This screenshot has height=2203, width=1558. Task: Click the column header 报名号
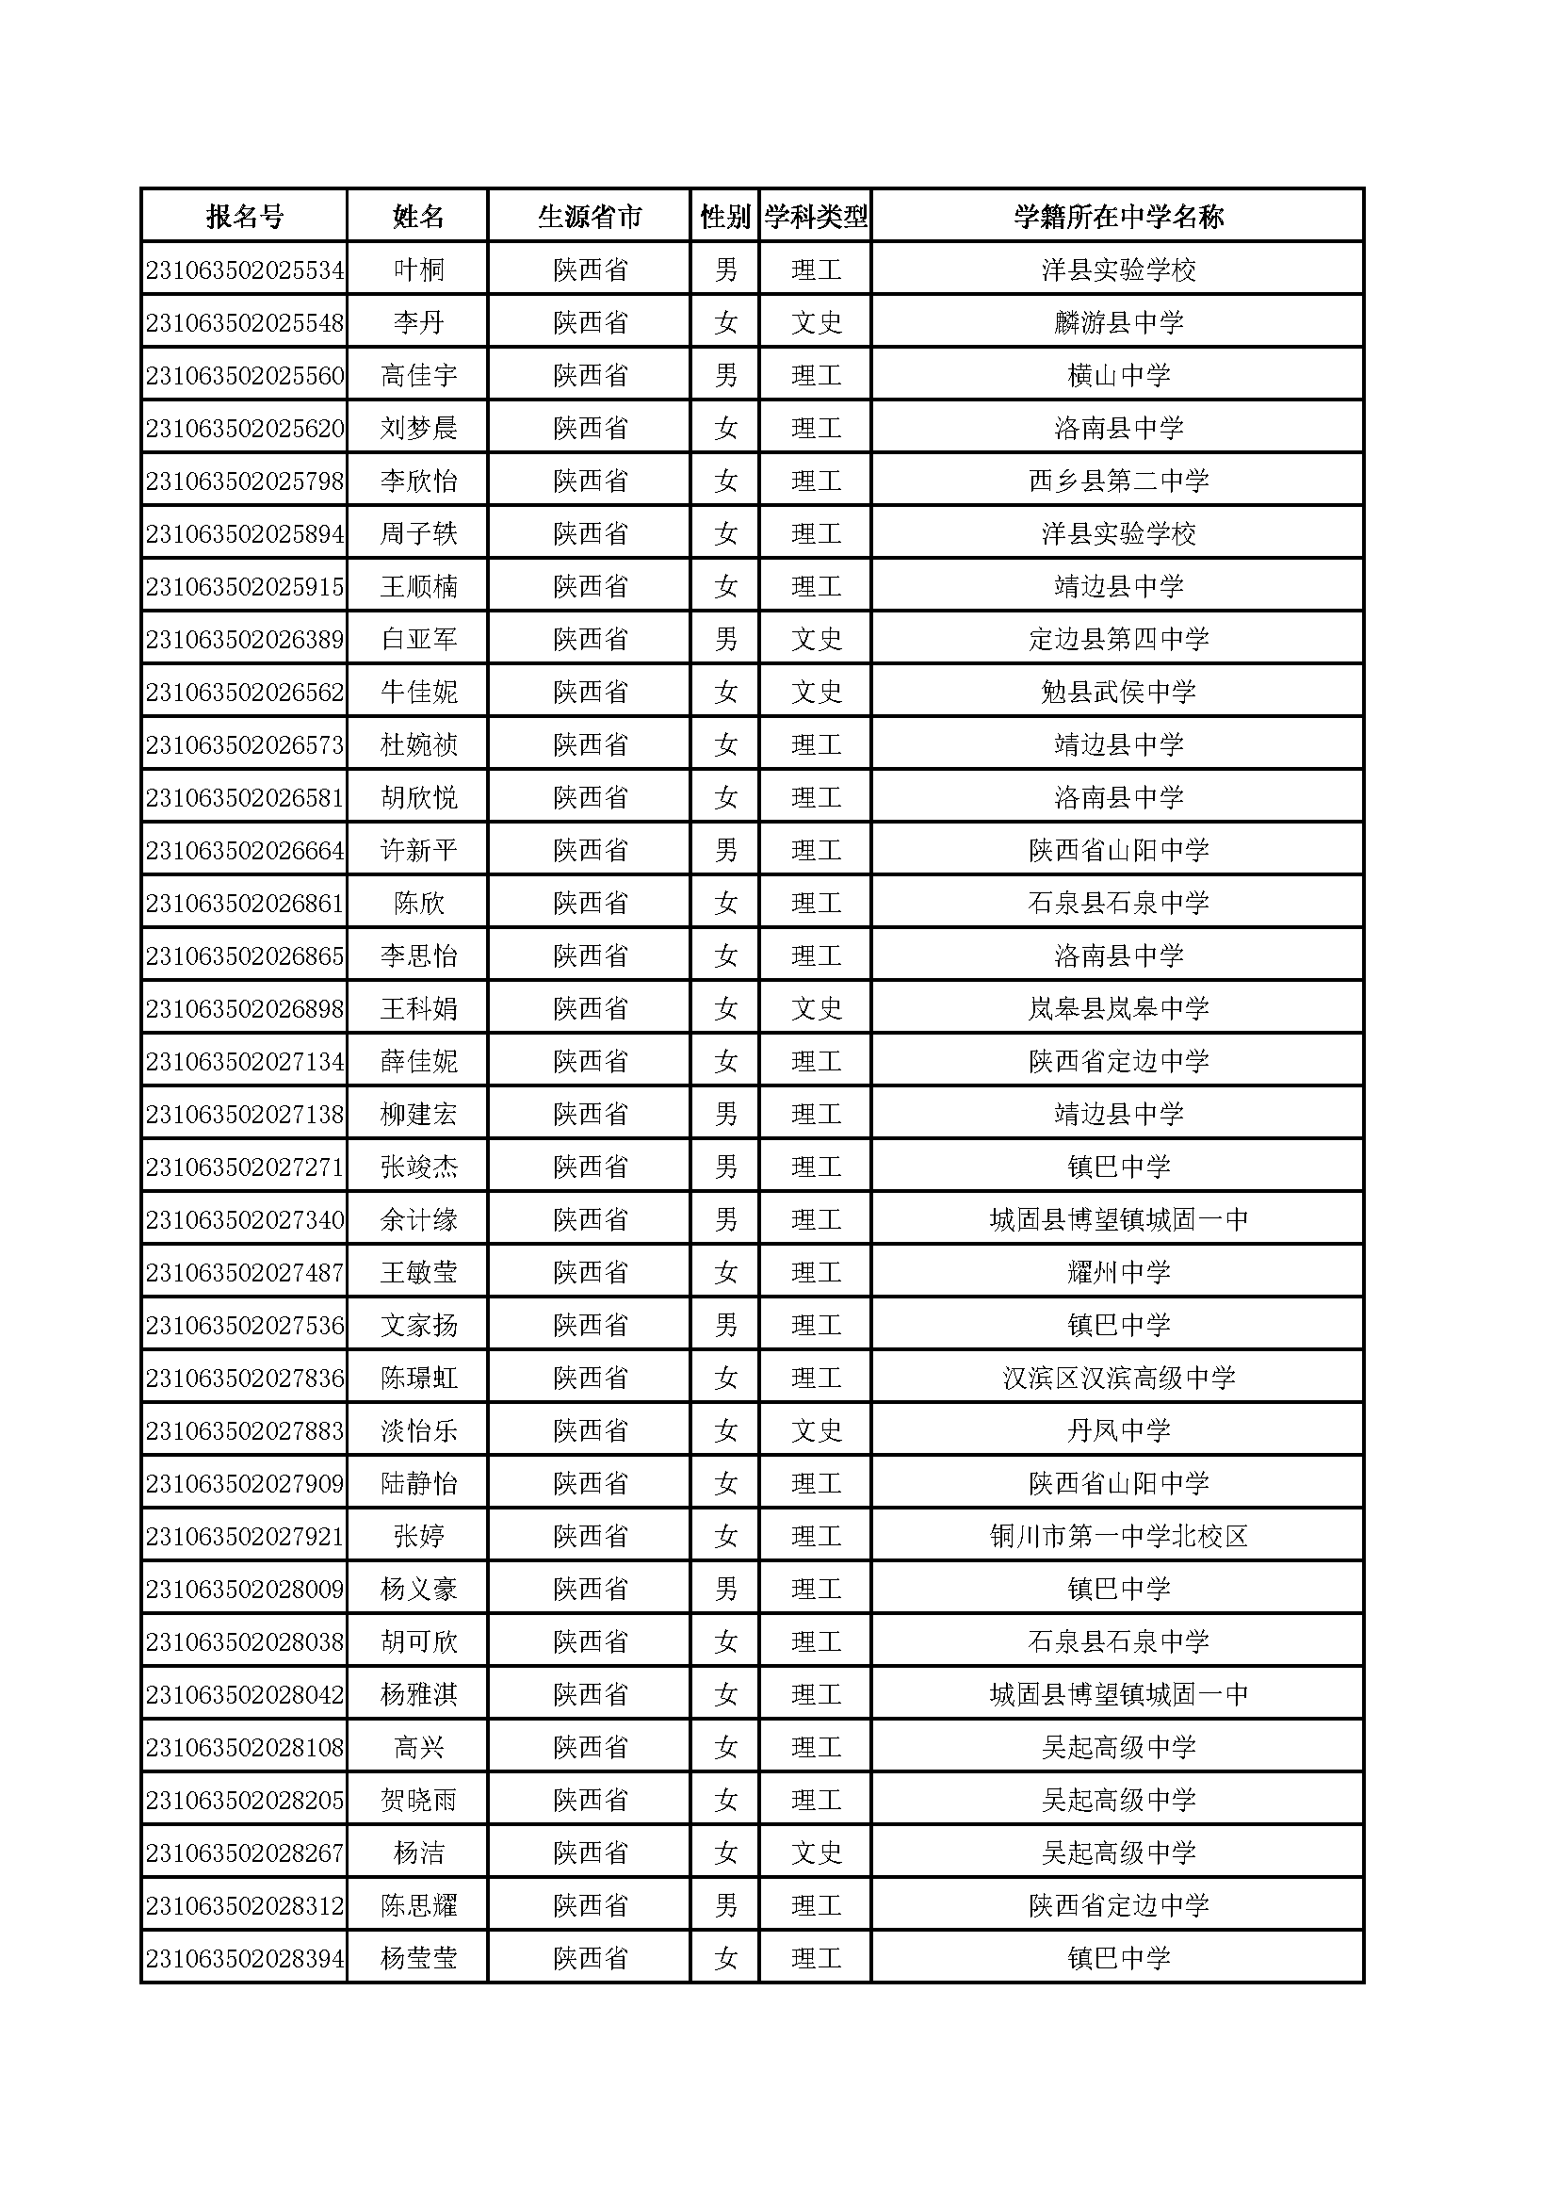tap(245, 217)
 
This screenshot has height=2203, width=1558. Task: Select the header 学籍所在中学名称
tap(1118, 217)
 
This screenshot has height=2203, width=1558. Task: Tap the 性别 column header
tap(724, 217)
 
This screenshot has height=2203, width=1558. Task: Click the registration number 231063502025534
tap(245, 270)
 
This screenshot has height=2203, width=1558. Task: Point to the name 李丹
tap(418, 323)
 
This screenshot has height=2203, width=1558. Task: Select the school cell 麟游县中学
tap(1118, 323)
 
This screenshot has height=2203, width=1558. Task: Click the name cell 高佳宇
tap(418, 376)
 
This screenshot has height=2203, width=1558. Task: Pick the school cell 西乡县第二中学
tap(1118, 481)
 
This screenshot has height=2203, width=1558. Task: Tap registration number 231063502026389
tap(245, 640)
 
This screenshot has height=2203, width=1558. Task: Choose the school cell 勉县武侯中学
tap(1118, 693)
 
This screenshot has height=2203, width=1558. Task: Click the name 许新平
tap(418, 851)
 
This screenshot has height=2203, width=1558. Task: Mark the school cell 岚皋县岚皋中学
tap(1118, 1009)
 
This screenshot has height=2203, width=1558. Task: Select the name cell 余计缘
tap(418, 1220)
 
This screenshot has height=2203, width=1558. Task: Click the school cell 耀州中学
tap(1118, 1273)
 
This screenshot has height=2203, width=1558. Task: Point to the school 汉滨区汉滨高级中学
tap(1118, 1379)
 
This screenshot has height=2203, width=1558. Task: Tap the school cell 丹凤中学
tap(1118, 1431)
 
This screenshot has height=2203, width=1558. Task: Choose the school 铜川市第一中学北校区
tap(1118, 1537)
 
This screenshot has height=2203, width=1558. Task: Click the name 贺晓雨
tap(418, 1801)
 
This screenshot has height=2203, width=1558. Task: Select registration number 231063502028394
tap(245, 1959)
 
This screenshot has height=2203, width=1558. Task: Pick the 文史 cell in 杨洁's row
tap(816, 1853)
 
